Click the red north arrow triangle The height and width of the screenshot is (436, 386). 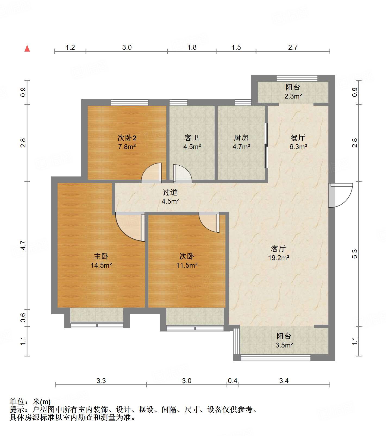coord(27,48)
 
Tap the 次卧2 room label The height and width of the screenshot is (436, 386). coord(127,138)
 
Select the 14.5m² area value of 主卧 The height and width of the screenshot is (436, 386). coord(101,265)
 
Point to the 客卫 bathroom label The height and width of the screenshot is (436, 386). coord(192,138)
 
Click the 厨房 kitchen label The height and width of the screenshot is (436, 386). coord(241,138)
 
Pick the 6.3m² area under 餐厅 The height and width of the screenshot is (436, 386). coord(298,147)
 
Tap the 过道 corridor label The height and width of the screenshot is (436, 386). coord(170,192)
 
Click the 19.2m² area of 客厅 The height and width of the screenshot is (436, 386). coord(278,258)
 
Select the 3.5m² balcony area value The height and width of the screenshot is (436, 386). coord(284,345)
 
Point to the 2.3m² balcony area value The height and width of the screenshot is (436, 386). coord(293,96)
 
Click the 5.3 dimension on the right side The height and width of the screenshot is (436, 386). coord(355,254)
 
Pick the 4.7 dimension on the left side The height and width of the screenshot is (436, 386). coord(23,245)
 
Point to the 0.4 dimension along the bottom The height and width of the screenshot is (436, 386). coord(233,381)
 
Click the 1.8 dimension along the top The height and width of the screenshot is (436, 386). coord(192,47)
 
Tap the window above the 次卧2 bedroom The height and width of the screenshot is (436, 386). coord(130,103)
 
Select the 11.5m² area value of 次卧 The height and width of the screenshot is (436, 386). coord(187,265)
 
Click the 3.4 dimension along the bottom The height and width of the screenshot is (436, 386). coord(284,381)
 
